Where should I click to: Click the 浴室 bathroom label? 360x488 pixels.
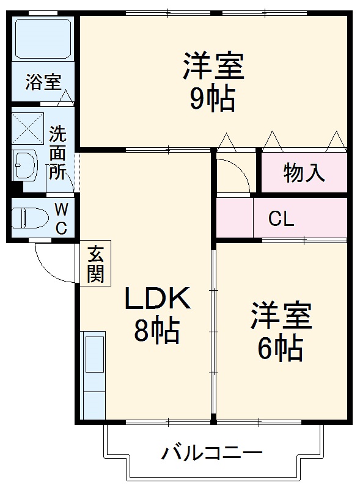click(x=43, y=82)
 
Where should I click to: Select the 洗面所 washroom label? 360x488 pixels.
click(x=58, y=152)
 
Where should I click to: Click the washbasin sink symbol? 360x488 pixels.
click(x=25, y=165)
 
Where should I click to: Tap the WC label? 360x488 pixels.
click(x=62, y=218)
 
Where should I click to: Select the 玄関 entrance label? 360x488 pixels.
click(x=95, y=264)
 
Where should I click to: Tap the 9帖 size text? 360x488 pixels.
click(x=211, y=98)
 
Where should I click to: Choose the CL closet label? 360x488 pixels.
click(x=281, y=218)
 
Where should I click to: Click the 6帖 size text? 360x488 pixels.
click(x=279, y=348)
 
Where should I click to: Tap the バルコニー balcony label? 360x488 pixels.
click(x=212, y=454)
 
